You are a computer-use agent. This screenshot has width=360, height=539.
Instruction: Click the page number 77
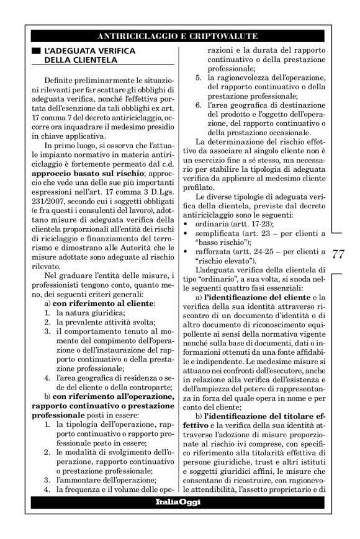(339, 254)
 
